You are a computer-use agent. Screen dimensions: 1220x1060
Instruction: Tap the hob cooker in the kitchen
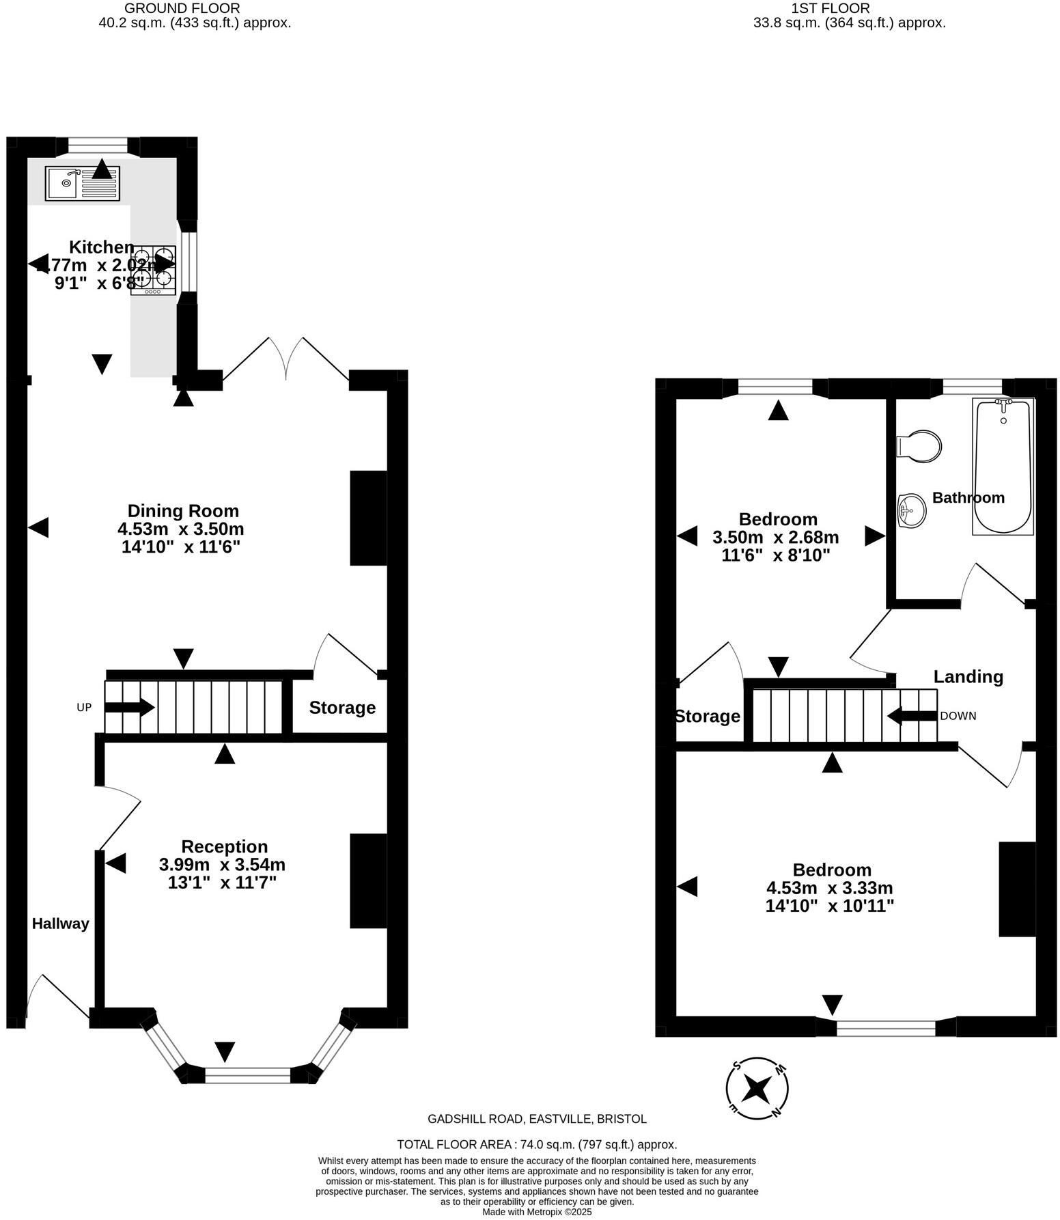coord(154,271)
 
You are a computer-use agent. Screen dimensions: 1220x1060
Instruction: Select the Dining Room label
coord(183,511)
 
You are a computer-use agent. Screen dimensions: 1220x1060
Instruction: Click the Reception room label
coord(224,846)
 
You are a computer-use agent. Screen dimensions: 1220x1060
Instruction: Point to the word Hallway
coord(61,924)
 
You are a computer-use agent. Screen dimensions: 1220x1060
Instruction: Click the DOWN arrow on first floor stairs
coord(912,716)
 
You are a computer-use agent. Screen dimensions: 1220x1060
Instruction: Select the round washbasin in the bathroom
coord(911,510)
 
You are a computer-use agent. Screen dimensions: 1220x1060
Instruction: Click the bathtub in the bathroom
coord(1003,466)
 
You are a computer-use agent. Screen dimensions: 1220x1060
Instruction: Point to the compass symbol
coord(757,1088)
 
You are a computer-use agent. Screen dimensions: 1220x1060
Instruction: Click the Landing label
coord(968,676)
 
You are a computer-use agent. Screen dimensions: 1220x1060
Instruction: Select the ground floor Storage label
coord(342,707)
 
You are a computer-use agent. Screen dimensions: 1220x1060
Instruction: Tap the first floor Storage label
coord(708,716)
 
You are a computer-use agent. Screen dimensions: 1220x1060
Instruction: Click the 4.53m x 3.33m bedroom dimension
coord(829,888)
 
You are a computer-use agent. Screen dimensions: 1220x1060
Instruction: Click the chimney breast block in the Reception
coord(368,881)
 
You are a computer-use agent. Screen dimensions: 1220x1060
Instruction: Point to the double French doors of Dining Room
coord(286,359)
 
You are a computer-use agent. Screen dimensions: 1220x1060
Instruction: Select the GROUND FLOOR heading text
coord(182,8)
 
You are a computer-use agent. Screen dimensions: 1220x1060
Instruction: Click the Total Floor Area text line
coord(537,1144)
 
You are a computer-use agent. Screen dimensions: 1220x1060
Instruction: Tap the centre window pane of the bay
coord(248,1075)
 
